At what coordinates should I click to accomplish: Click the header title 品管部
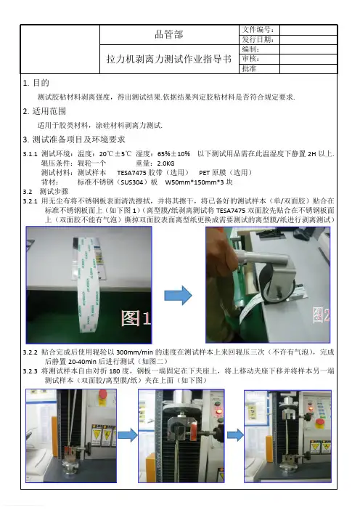click(x=169, y=34)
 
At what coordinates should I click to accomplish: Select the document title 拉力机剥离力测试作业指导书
click(x=169, y=59)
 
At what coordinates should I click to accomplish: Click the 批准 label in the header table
click(x=249, y=68)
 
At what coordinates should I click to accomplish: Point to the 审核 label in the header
click(x=250, y=59)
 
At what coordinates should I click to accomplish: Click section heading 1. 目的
click(x=36, y=83)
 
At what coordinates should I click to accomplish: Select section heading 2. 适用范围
click(x=44, y=111)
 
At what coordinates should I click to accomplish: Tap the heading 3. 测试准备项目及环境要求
click(x=74, y=139)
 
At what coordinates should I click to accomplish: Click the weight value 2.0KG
click(x=165, y=163)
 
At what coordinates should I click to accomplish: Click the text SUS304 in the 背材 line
click(x=132, y=182)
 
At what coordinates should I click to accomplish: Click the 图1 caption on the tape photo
click(x=136, y=318)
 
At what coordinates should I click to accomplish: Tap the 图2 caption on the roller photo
click(x=321, y=315)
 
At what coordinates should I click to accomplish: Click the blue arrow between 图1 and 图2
click(x=178, y=296)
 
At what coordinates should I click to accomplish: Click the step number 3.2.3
click(x=30, y=371)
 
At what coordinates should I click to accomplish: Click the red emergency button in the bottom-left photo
click(x=102, y=394)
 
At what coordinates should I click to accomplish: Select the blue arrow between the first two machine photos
click(x=127, y=435)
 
